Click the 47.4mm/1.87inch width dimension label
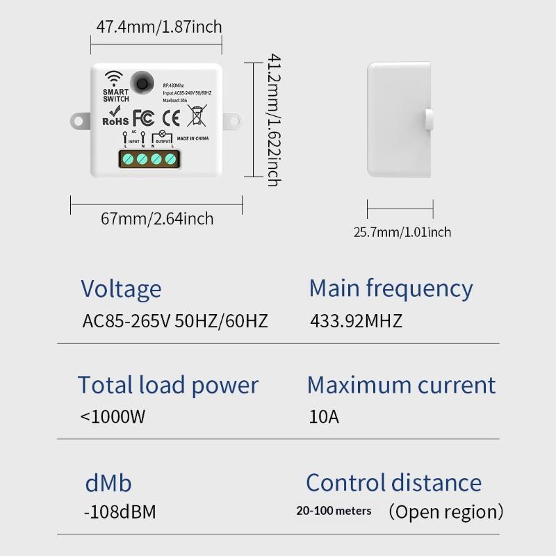pos(158,27)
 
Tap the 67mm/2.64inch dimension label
pos(157,219)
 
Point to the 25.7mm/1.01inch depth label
pos(402,232)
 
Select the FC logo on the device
pos(142,117)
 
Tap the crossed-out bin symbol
pos(197,115)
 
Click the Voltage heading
pos(121,288)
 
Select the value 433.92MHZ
pos(355,321)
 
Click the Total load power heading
pos(167,385)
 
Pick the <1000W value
pos(113,417)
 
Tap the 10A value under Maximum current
pos(324,417)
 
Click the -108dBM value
pos(120,512)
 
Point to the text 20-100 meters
pos(334,511)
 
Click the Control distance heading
pos(393,483)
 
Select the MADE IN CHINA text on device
pos(193,139)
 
